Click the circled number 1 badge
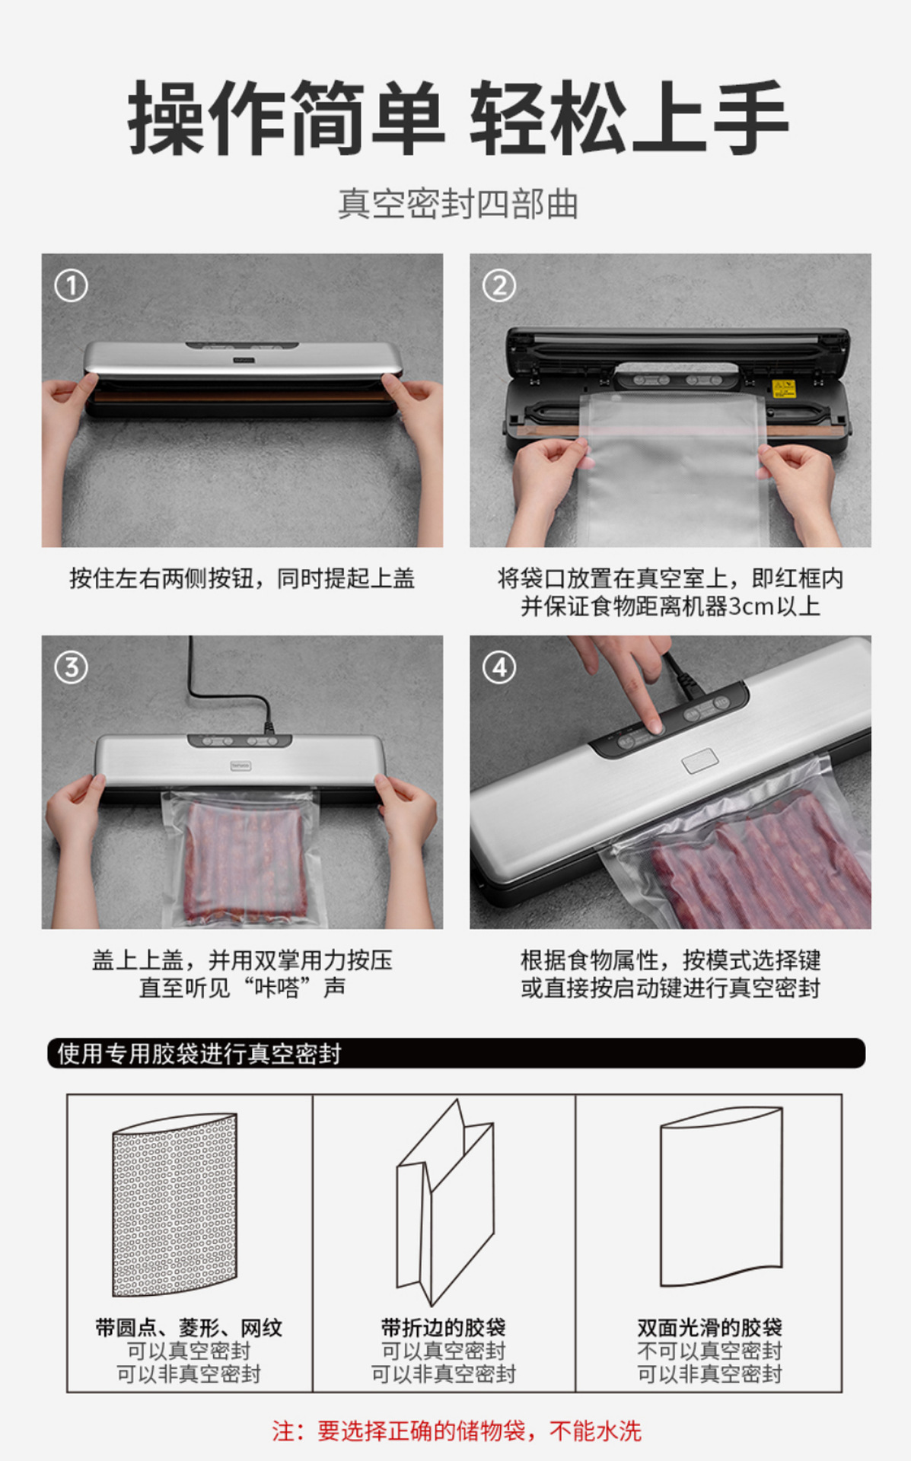pyautogui.click(x=71, y=286)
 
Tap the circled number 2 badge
pyautogui.click(x=499, y=286)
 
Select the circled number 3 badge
pyautogui.click(x=71, y=667)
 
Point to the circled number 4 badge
pyautogui.click(x=499, y=667)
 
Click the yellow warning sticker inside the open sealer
pyautogui.click(x=784, y=388)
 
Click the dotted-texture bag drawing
pyautogui.click(x=175, y=1205)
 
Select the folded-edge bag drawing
pyautogui.click(x=445, y=1202)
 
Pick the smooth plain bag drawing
pyautogui.click(x=721, y=1197)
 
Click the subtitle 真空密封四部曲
pyautogui.click(x=458, y=204)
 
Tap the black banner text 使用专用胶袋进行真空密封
pyautogui.click(x=199, y=1053)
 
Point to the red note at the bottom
pyautogui.click(x=457, y=1431)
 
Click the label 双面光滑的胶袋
pyautogui.click(x=709, y=1327)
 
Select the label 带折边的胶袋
pyautogui.click(x=444, y=1327)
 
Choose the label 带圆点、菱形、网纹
pyautogui.click(x=189, y=1327)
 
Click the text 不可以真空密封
pyautogui.click(x=709, y=1351)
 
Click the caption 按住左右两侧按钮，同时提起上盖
pyautogui.click(x=242, y=578)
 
